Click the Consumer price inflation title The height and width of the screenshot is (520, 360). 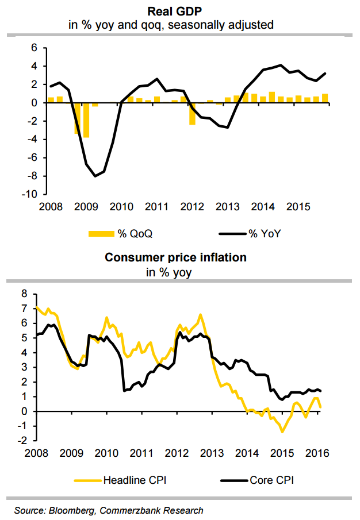pos(175,257)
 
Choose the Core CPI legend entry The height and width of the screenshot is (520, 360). pos(256,479)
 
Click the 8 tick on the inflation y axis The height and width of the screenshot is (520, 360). pos(24,293)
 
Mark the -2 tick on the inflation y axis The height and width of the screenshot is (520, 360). pos(22,441)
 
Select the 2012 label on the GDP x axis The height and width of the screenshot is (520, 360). pos(193,205)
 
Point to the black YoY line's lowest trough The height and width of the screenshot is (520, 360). pos(95,176)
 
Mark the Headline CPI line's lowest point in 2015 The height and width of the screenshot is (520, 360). pos(282,431)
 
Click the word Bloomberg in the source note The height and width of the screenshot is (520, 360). pos(67,510)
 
